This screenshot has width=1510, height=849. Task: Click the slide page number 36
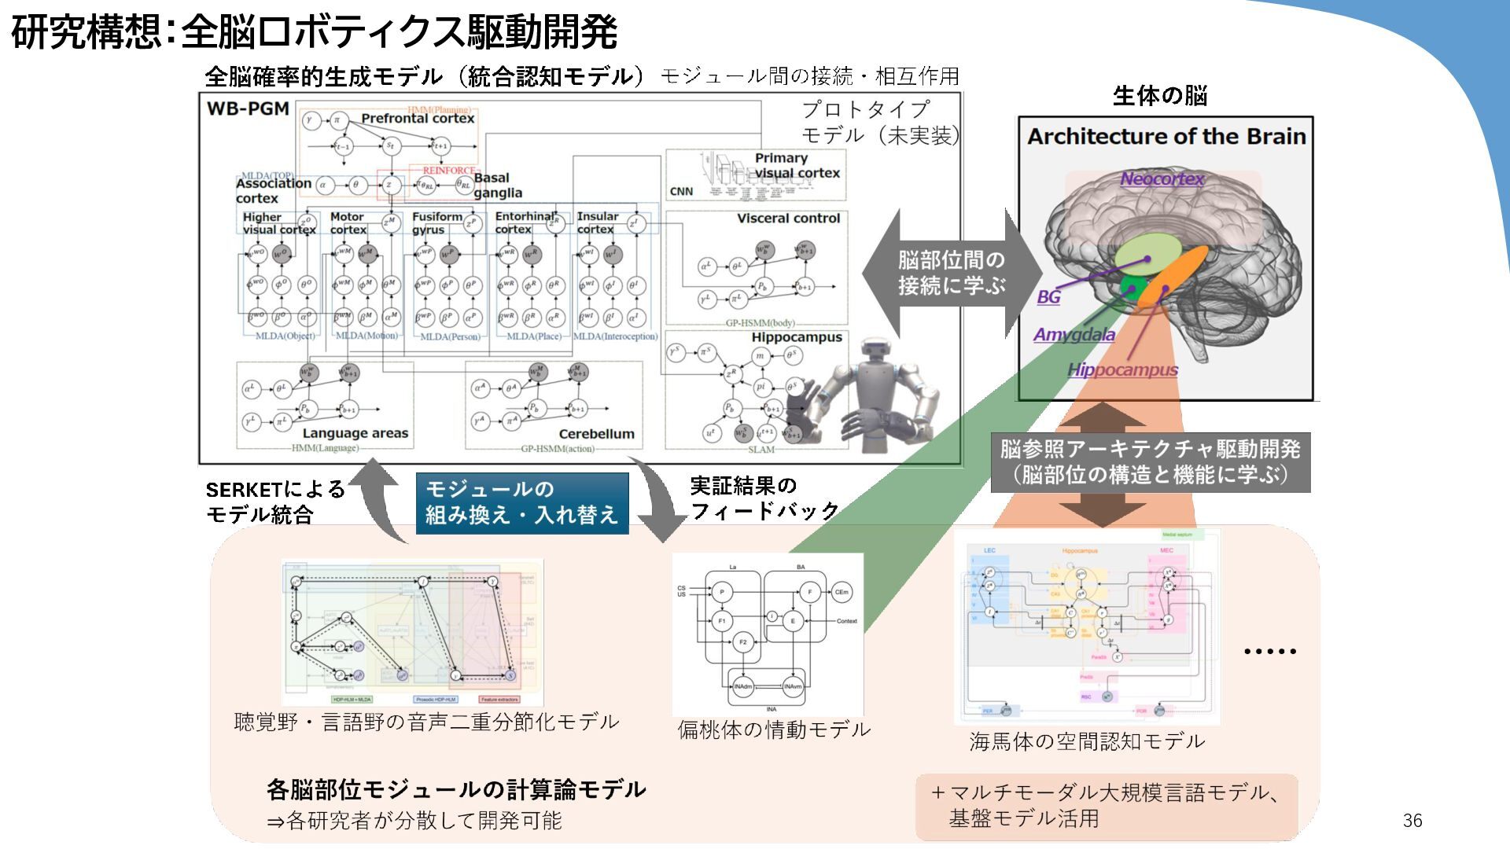point(1412,821)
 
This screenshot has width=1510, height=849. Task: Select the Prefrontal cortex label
point(418,119)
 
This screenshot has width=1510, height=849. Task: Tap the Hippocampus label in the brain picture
point(1122,369)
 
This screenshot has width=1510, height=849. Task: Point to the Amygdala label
point(1074,335)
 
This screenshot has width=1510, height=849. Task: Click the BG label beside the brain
point(1048,297)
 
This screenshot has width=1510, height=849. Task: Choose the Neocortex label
point(1162,179)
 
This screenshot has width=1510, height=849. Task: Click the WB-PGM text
point(248,108)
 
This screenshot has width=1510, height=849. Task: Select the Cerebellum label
point(596,434)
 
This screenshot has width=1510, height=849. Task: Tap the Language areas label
point(355,433)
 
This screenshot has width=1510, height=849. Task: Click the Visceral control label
point(788,219)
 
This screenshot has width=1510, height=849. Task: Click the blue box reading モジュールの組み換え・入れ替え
point(522,502)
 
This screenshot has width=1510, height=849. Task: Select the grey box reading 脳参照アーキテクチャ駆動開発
point(1150,462)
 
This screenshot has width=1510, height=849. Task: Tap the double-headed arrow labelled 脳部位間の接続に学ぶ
point(952,273)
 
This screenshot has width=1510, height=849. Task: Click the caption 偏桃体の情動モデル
point(774,730)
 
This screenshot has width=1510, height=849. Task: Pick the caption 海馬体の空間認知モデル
point(1087,741)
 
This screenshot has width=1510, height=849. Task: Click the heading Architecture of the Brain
point(1166,137)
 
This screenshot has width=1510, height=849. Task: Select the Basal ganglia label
point(495,186)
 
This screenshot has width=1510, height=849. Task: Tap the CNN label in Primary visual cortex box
point(681,192)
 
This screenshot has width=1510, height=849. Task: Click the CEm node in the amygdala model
point(842,592)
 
